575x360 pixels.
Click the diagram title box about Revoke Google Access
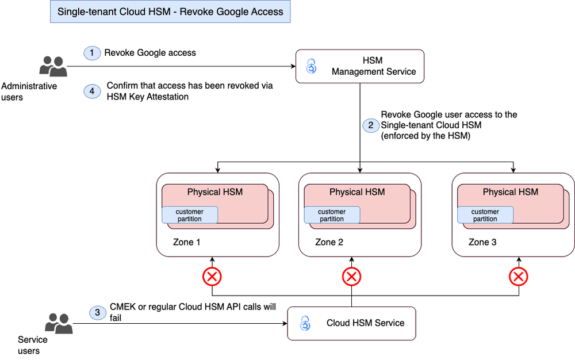(170, 12)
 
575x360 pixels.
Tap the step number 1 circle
(91, 53)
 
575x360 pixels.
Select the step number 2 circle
(370, 124)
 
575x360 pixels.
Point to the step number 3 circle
(97, 313)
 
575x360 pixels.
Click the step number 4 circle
(91, 91)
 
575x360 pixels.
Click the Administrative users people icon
(53, 66)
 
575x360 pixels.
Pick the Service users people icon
(59, 323)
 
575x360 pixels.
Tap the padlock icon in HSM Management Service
(311, 66)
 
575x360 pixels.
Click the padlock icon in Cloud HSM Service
(305, 323)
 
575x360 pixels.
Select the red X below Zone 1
(212, 277)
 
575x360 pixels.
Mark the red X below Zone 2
(351, 277)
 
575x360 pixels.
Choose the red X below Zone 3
(519, 277)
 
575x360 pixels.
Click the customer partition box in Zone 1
(190, 215)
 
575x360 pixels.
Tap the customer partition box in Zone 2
(332, 215)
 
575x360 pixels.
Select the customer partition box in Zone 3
(485, 215)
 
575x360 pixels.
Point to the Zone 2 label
(329, 242)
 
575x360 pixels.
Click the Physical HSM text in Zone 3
(510, 192)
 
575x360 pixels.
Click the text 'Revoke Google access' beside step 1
(149, 53)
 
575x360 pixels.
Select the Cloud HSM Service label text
(365, 323)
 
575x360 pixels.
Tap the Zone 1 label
(187, 242)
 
